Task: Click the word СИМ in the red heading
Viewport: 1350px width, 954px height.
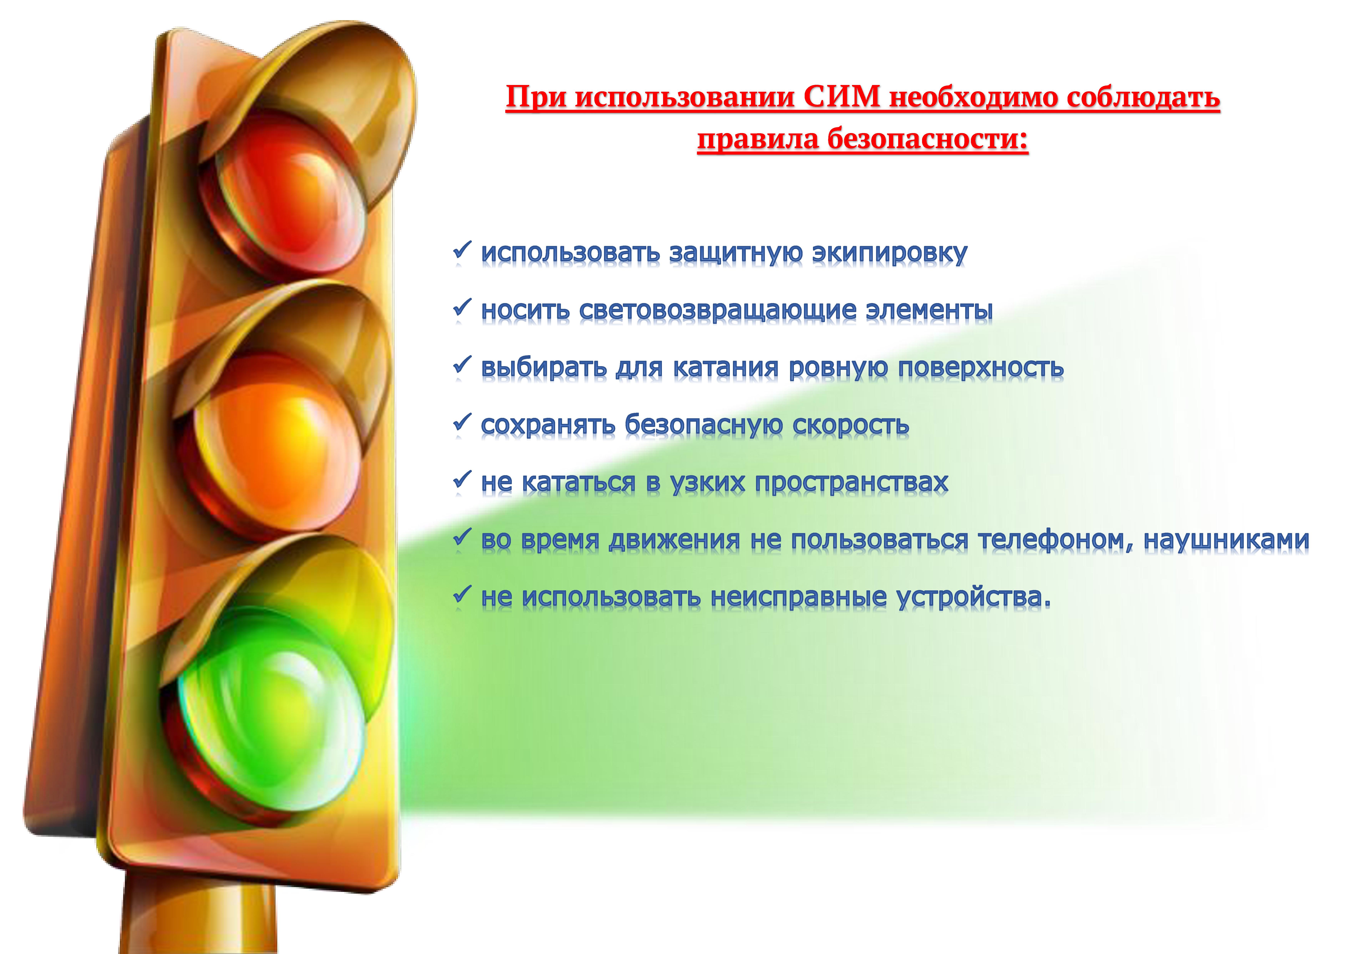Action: [x=842, y=97]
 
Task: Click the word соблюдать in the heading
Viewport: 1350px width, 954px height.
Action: [x=1143, y=97]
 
